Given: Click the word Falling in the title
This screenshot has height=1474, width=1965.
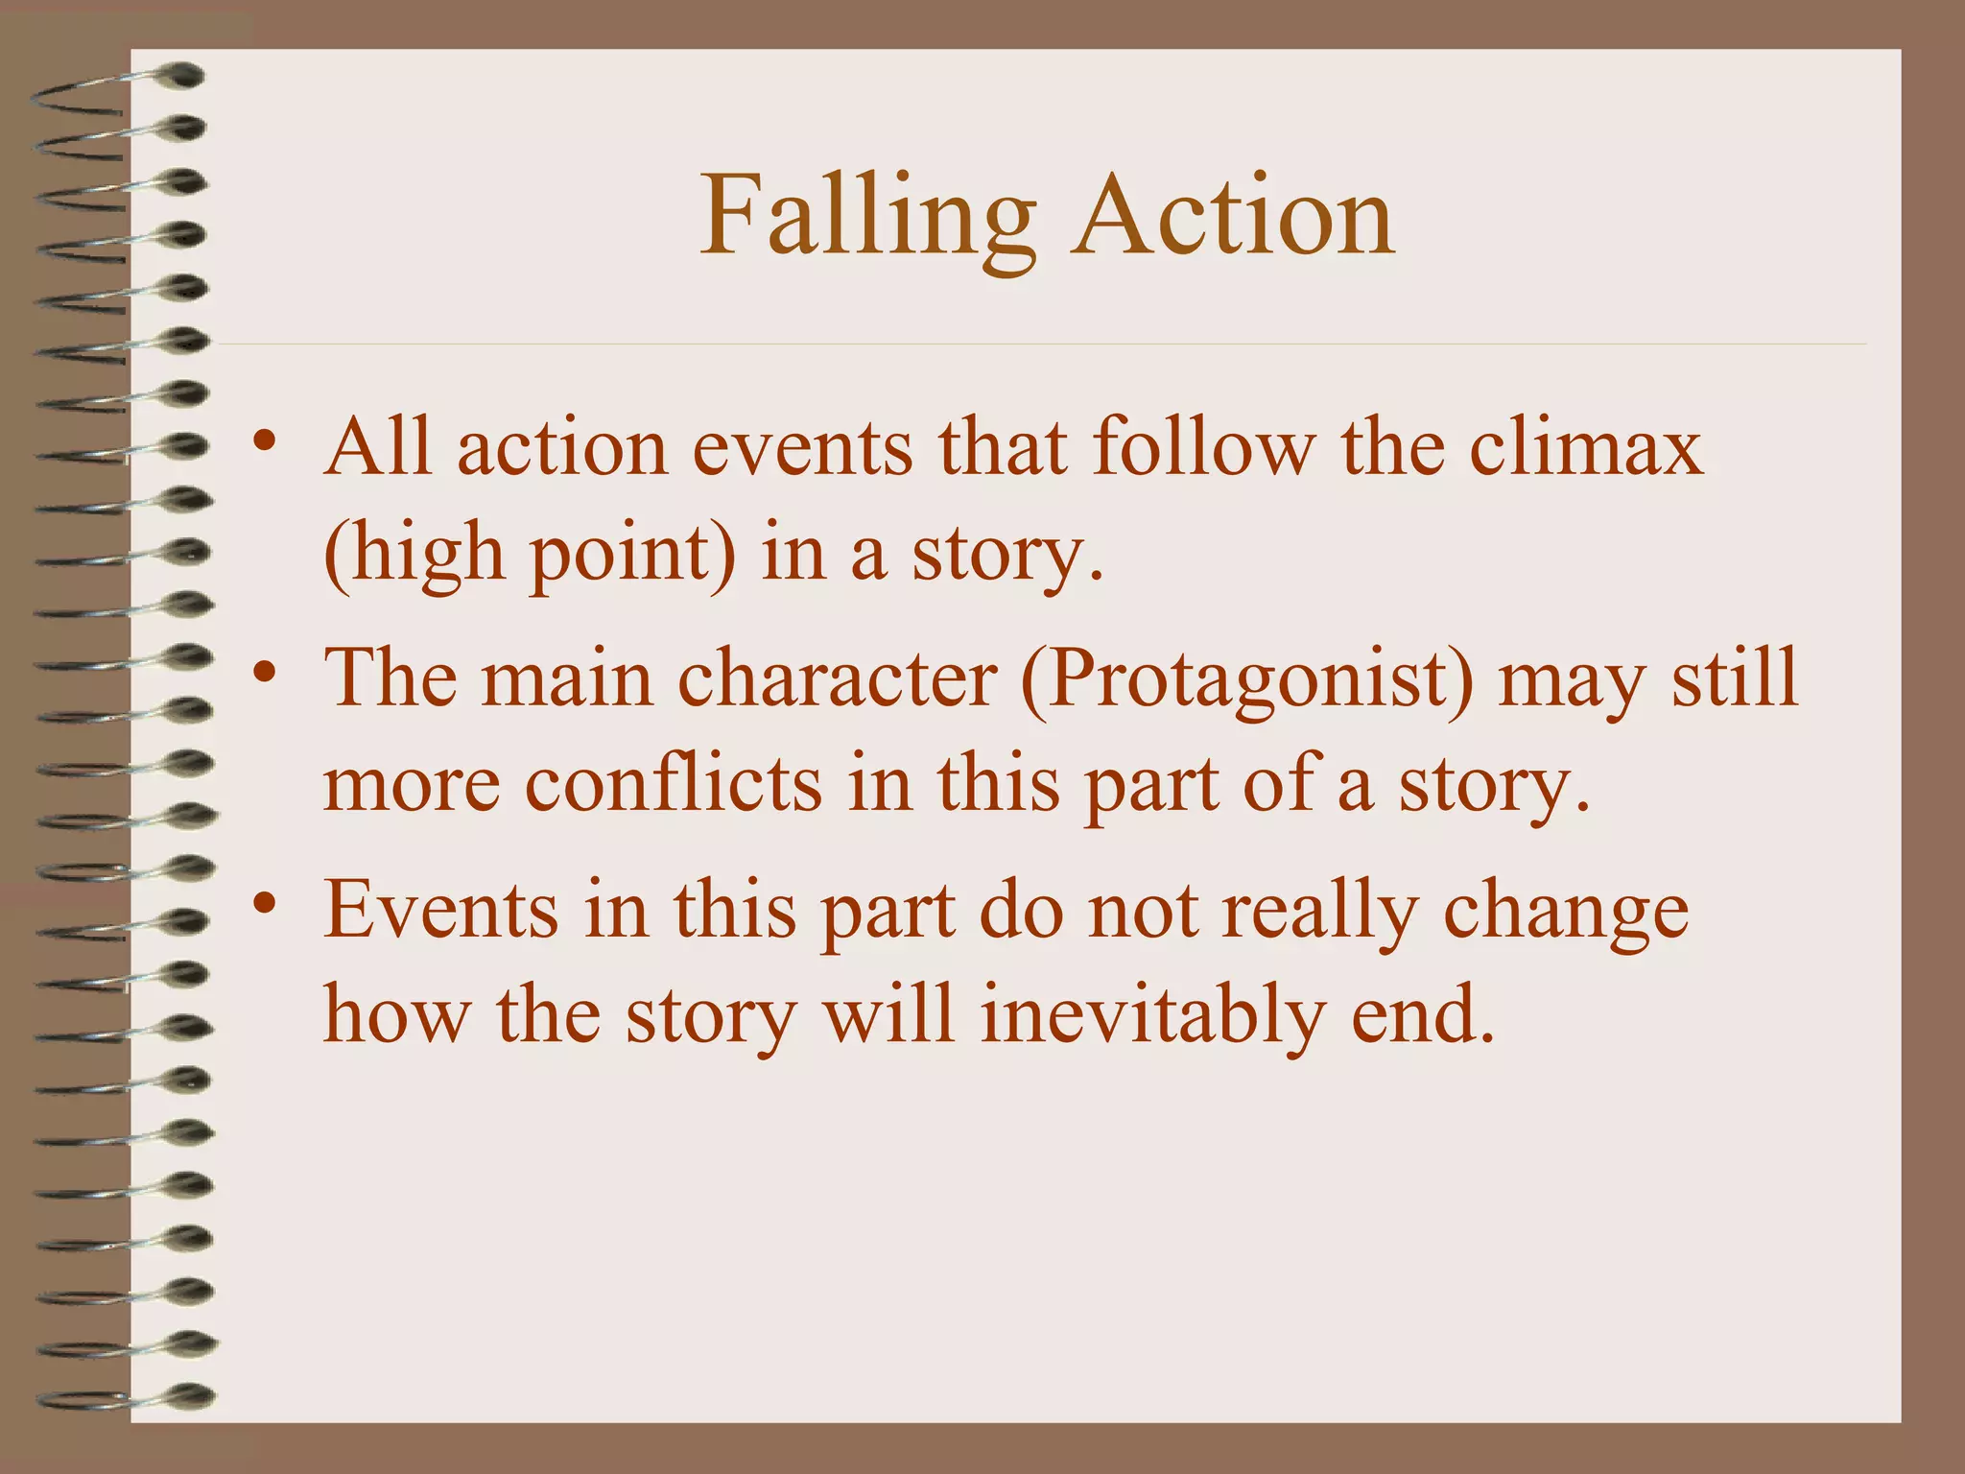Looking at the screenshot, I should pos(867,217).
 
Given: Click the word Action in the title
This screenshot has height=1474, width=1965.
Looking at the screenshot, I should pos(1233,217).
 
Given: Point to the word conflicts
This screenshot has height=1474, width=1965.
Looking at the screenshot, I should pos(673,785).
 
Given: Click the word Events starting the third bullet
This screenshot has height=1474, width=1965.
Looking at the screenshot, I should pos(441,910).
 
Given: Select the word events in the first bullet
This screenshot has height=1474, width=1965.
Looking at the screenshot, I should pos(802,449).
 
